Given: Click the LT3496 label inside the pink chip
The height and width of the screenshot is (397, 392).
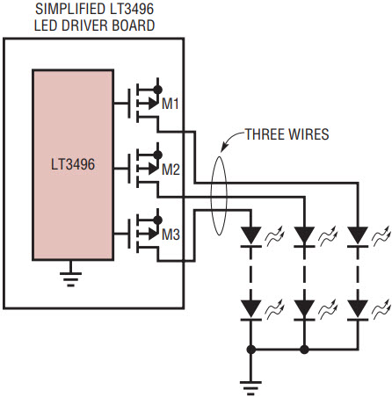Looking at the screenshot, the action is click(x=73, y=164).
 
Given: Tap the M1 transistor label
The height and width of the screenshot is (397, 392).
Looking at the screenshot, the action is click(x=171, y=104).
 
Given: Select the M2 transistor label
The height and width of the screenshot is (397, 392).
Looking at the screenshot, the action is click(x=171, y=170).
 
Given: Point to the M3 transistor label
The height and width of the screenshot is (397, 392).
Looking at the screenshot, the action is click(x=171, y=235).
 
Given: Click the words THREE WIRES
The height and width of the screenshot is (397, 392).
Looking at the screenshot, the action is click(x=287, y=134).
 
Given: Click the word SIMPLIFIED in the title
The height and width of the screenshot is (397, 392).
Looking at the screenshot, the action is click(x=69, y=9).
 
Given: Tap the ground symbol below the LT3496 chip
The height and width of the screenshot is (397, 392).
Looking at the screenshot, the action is click(x=70, y=278).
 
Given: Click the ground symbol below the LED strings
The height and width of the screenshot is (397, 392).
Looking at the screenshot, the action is click(x=250, y=386).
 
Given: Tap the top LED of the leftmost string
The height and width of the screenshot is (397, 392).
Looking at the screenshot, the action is click(x=251, y=237).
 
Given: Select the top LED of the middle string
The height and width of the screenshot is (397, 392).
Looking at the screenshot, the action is click(x=304, y=237).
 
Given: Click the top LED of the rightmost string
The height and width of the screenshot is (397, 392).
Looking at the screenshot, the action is click(x=358, y=237).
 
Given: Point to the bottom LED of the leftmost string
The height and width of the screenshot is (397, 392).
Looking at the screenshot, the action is click(x=251, y=310).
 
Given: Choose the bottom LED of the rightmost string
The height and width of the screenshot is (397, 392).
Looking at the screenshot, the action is click(x=358, y=310).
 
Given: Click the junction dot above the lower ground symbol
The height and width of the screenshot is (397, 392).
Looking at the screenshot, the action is click(x=251, y=350).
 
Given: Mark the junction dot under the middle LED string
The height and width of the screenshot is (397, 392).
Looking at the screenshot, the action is click(x=304, y=350).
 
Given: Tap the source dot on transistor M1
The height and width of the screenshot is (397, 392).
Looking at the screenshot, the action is click(x=157, y=90).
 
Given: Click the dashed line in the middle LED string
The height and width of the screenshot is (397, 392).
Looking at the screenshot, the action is click(x=304, y=274).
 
